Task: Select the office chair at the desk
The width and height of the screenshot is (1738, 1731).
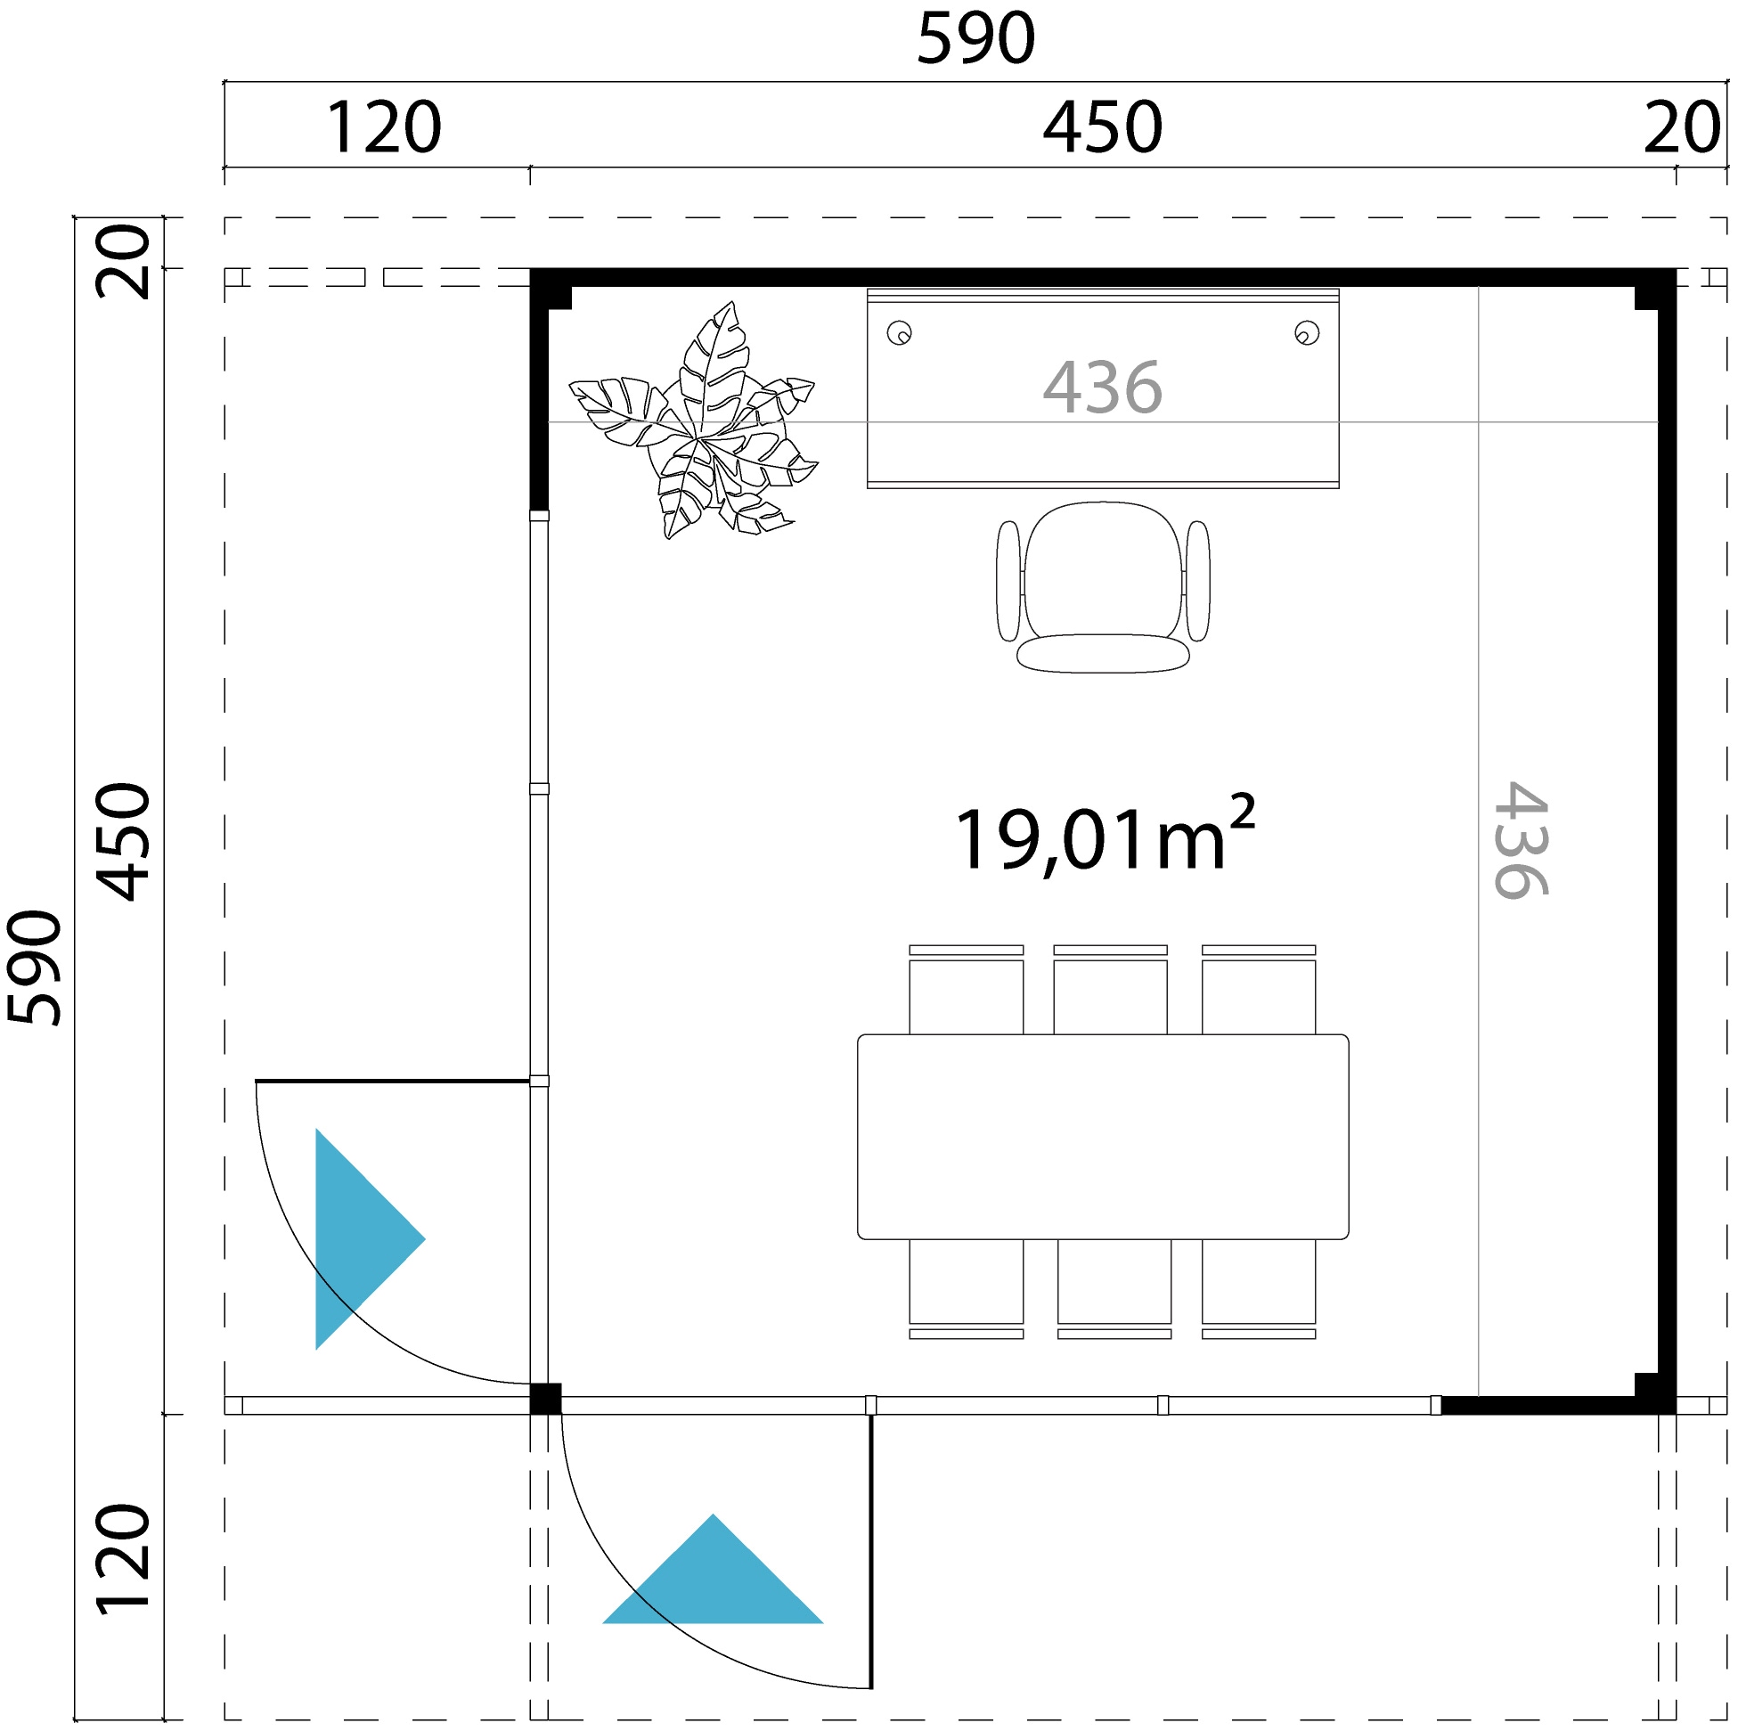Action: coord(1102,584)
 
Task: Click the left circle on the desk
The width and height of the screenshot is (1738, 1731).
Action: coord(899,334)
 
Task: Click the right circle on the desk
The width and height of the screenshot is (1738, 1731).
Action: coord(1306,334)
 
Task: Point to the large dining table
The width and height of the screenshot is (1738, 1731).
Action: coord(1102,1136)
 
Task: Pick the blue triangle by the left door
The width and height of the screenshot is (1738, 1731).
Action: coord(360,1239)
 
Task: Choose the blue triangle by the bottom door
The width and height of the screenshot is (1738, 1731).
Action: coord(713,1579)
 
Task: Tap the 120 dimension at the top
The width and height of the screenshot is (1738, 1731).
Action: coord(382,128)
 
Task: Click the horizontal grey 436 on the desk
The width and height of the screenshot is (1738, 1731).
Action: coord(1102,388)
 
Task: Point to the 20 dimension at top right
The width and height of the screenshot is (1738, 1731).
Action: coord(1681,128)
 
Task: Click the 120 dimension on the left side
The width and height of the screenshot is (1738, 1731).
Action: coord(123,1558)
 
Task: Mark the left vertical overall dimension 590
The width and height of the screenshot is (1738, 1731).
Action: coord(34,968)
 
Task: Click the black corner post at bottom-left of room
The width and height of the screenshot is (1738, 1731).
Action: coord(545,1399)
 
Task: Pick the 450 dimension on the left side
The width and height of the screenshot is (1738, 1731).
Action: coord(123,841)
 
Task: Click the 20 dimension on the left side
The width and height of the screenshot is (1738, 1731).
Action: coord(123,261)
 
